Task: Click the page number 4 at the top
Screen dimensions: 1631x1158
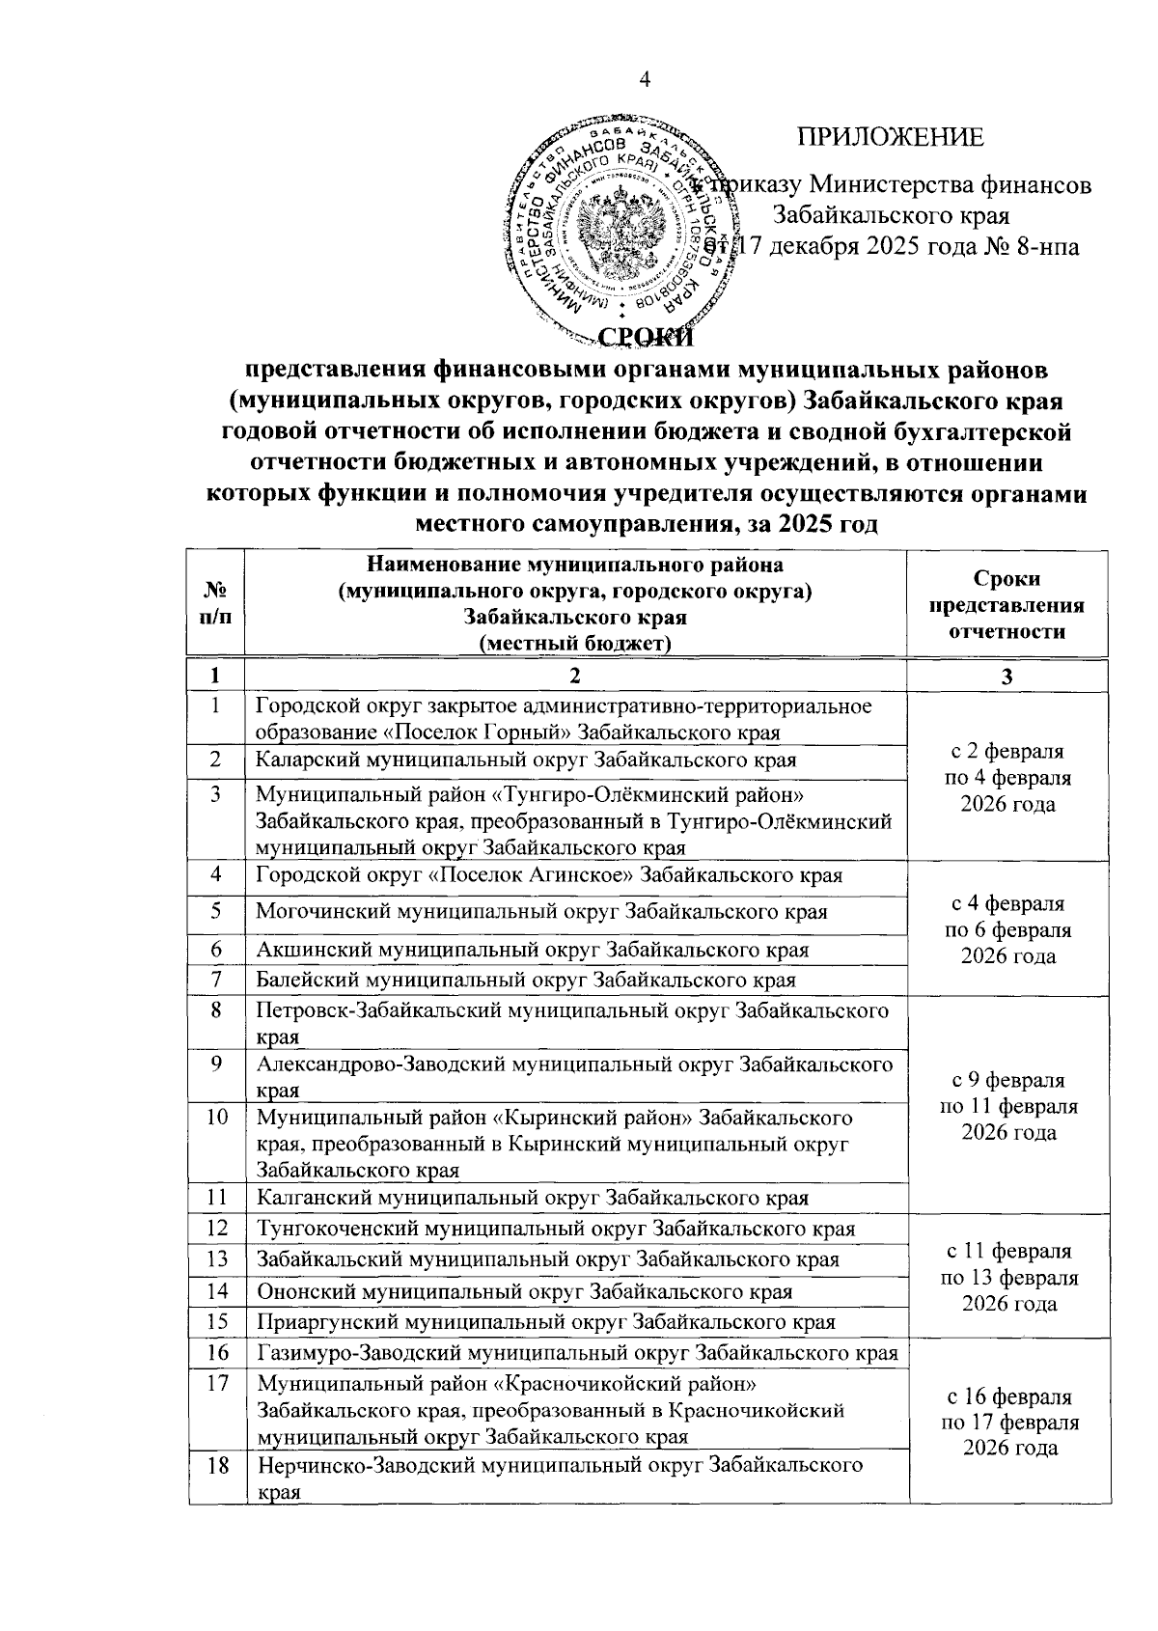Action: tap(645, 81)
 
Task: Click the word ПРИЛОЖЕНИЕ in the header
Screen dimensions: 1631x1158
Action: tap(890, 137)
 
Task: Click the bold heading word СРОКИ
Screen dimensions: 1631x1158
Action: tap(646, 335)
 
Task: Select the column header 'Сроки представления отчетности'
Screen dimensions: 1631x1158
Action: tap(1006, 605)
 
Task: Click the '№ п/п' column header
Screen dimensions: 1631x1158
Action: tap(216, 605)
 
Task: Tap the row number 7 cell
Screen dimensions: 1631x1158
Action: tap(216, 980)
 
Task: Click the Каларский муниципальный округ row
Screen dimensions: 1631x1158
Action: tap(526, 760)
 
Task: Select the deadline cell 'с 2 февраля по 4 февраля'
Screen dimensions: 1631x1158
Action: tap(1006, 778)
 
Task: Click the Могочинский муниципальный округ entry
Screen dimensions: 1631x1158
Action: tap(540, 911)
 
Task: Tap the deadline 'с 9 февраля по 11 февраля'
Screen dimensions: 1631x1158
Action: tap(1006, 1106)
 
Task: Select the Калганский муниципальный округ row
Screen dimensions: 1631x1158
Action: tap(531, 1199)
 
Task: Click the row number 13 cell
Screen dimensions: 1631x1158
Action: tap(216, 1259)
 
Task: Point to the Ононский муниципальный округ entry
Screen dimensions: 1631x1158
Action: tap(524, 1291)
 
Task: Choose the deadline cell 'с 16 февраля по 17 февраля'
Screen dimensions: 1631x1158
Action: tap(1006, 1422)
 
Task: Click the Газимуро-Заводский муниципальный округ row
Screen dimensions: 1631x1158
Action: tap(576, 1354)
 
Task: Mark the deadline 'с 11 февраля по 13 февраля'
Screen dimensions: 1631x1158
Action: tap(1006, 1277)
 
